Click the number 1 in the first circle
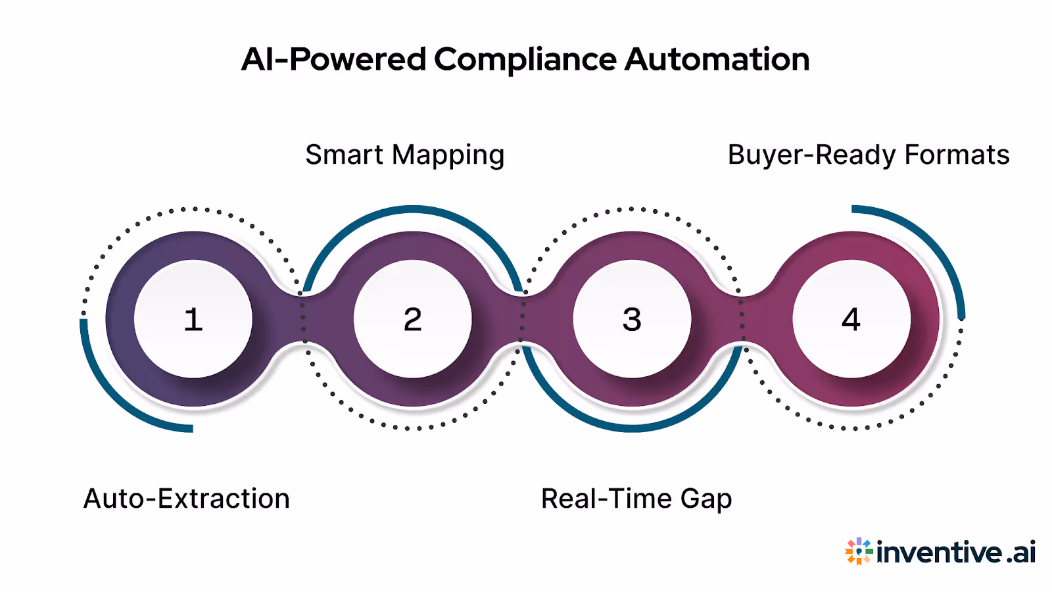pos(193,320)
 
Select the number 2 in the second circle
pos(412,320)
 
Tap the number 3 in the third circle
pos(632,320)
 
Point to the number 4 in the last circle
pos(851,320)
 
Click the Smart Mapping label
pos(404,156)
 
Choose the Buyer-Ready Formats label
pos(868,156)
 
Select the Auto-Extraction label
pos(186,499)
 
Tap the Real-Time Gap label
pos(636,499)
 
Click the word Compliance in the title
pos(525,60)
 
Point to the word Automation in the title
pos(717,59)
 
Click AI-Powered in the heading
pos(334,59)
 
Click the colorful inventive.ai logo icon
pos(859,551)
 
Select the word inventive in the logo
pos(940,551)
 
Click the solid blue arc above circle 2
pos(413,209)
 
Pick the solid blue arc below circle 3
pos(632,428)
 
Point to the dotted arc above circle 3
pos(631,209)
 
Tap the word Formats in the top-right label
pos(957,156)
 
